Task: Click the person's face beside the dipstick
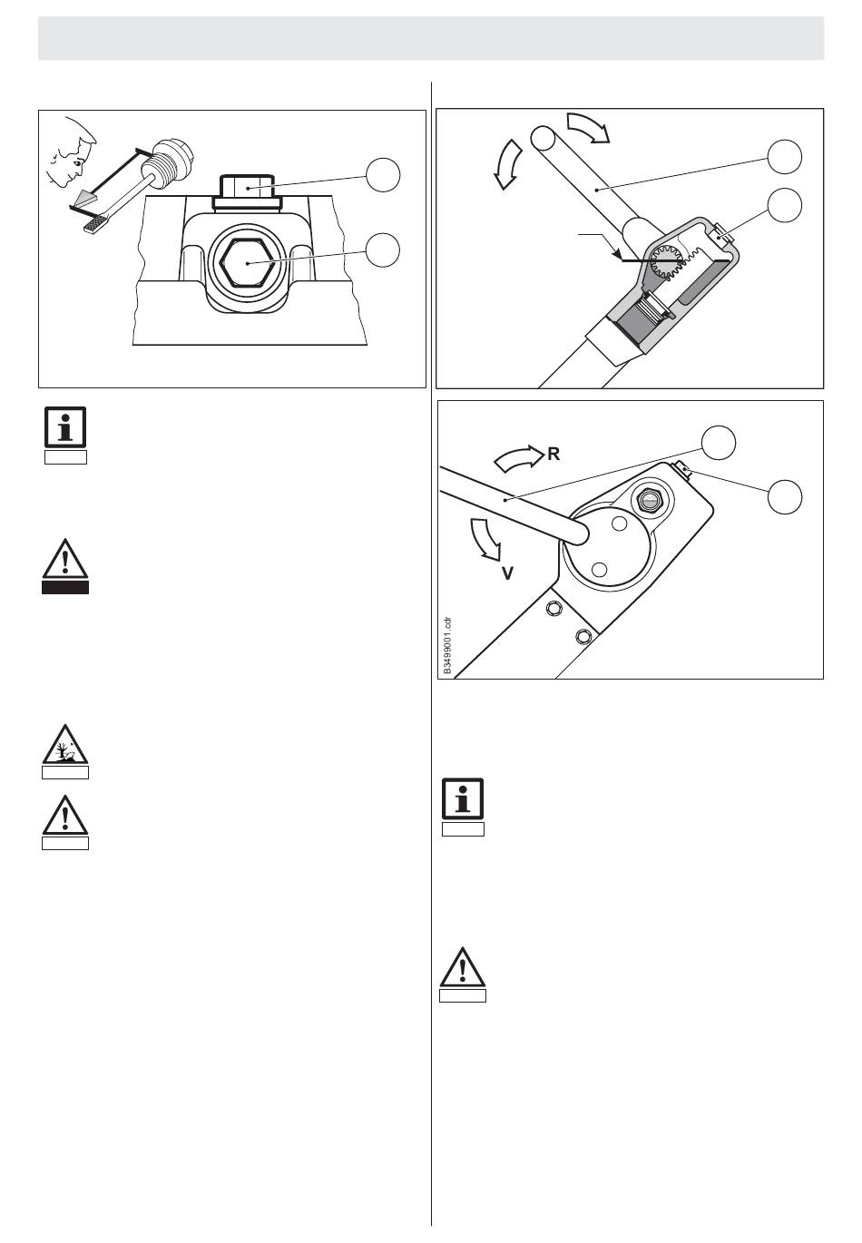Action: [x=71, y=154]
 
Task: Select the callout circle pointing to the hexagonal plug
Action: [x=383, y=250]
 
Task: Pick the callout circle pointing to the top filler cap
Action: [x=383, y=174]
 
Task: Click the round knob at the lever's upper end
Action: [x=543, y=138]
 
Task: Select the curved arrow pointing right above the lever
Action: [x=588, y=126]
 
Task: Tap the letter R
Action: [x=553, y=454]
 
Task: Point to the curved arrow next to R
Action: [x=517, y=458]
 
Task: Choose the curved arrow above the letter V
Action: [x=485, y=539]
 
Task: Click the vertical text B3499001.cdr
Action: [x=447, y=645]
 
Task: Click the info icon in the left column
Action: [x=65, y=428]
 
